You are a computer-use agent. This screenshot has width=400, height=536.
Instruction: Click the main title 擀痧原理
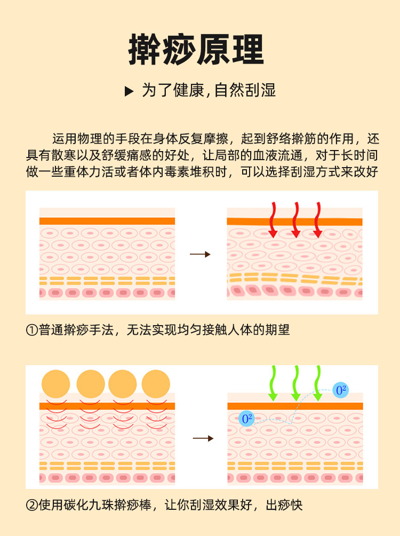pyautogui.click(x=196, y=50)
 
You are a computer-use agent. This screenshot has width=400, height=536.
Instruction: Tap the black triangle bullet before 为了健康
pyautogui.click(x=129, y=91)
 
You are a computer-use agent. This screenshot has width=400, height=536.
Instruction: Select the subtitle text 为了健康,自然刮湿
pyautogui.click(x=209, y=90)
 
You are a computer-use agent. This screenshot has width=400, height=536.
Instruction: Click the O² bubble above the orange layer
pyautogui.click(x=340, y=390)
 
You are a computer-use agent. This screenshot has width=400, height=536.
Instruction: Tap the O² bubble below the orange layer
pyautogui.click(x=246, y=419)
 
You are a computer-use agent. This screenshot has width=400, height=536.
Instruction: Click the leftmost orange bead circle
pyautogui.click(x=56, y=384)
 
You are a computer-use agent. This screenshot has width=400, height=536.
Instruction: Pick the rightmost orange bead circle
pyautogui.click(x=156, y=384)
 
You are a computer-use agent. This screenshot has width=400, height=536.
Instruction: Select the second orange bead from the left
pyautogui.click(x=91, y=384)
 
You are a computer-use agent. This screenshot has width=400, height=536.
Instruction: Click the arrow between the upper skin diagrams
pyautogui.click(x=200, y=255)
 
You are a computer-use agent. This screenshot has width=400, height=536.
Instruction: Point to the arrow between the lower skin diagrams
pyautogui.click(x=203, y=438)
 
